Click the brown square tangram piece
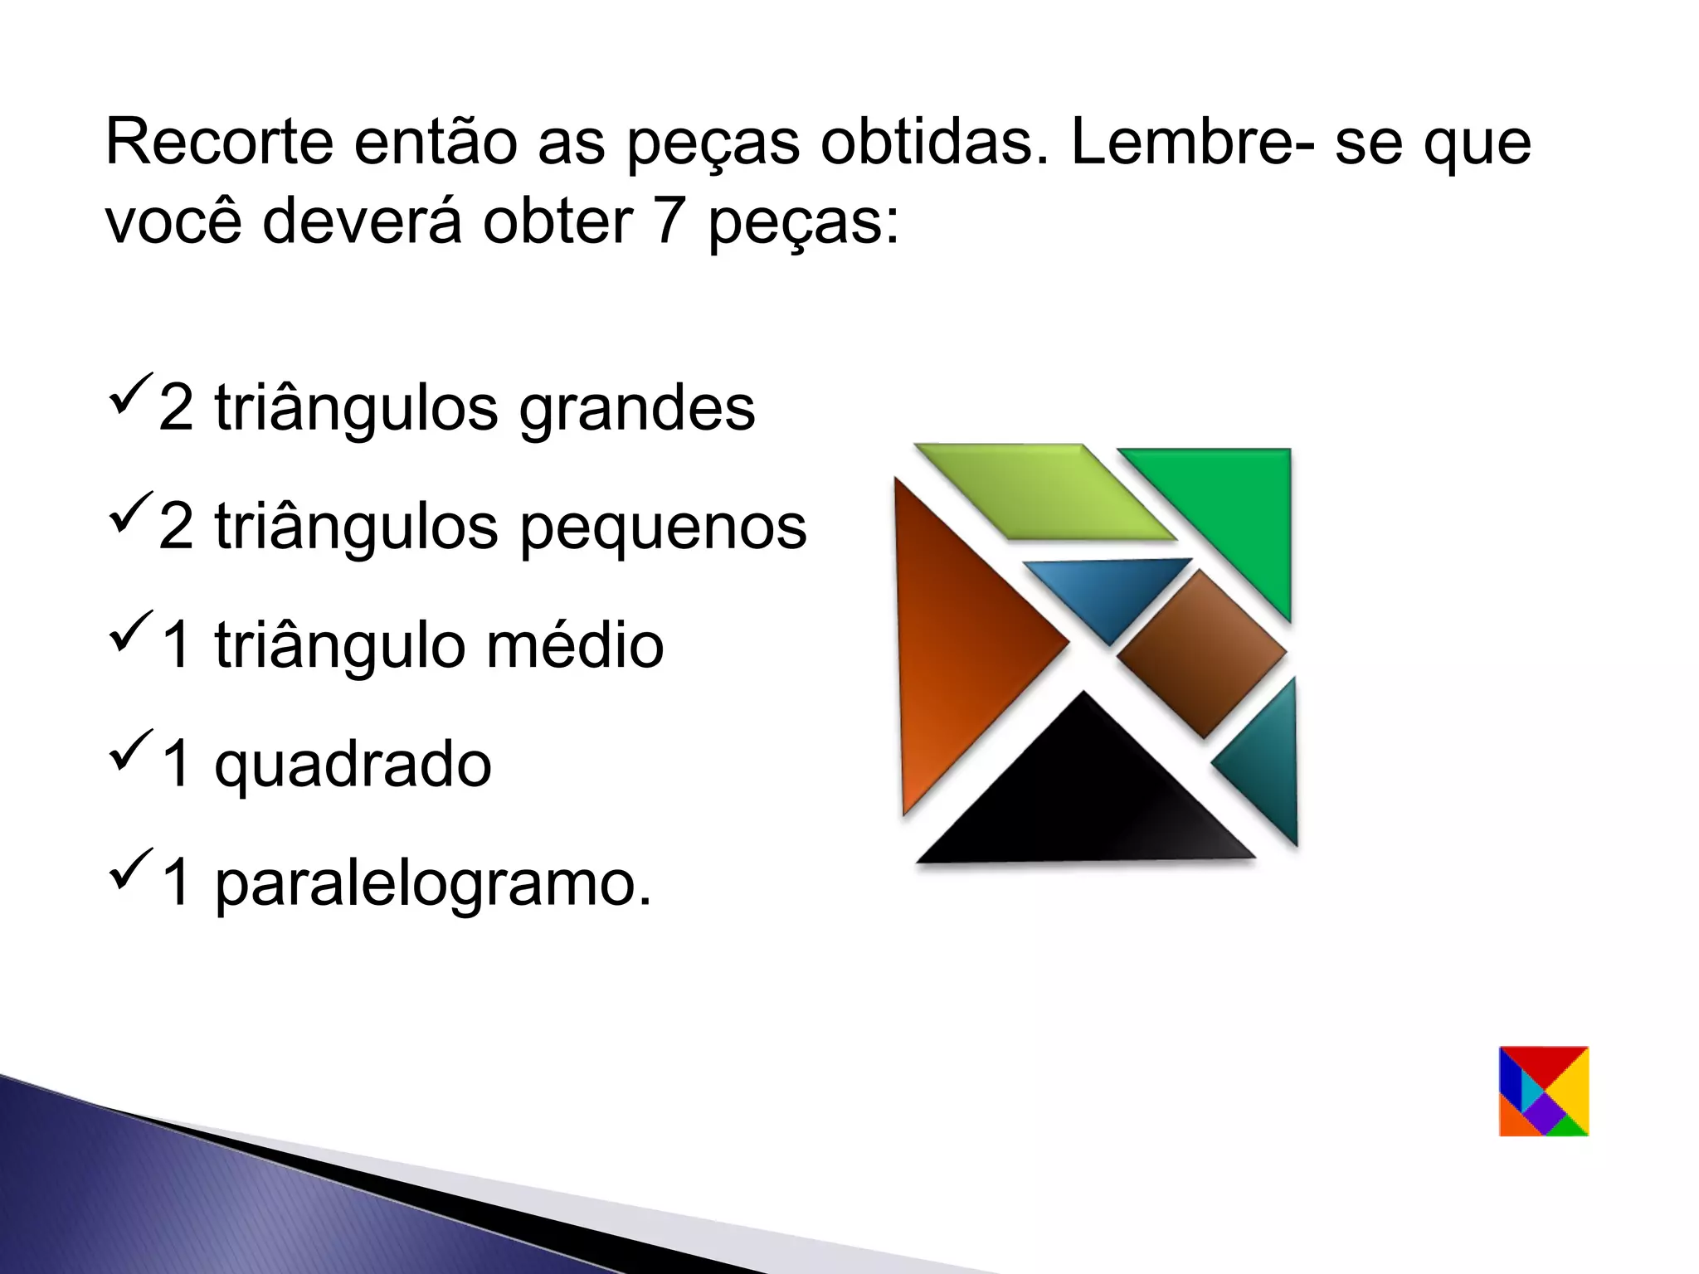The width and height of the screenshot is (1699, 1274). pos(1201,654)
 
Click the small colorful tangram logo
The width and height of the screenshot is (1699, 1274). pos(1544,1091)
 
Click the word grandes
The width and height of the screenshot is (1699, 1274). pos(637,408)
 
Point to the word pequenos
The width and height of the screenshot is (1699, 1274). pos(663,527)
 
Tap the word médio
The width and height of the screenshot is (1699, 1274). pos(575,645)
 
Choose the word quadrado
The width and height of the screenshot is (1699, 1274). pos(353,764)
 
